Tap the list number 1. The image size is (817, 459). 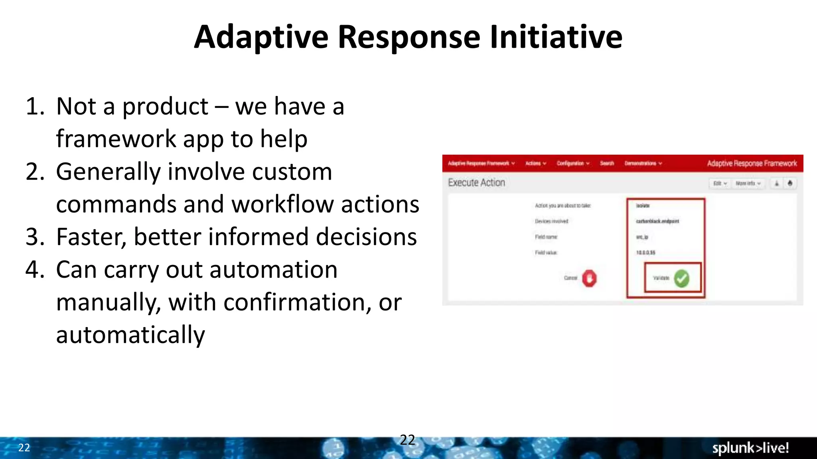(35, 107)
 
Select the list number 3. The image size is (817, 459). (35, 237)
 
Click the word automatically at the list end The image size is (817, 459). (130, 335)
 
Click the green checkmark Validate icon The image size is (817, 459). (681, 278)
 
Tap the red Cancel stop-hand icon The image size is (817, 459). (589, 278)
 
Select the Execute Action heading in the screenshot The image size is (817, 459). (476, 182)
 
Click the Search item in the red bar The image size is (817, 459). (607, 163)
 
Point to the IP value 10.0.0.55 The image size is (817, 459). (645, 253)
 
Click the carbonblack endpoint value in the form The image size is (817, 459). (657, 221)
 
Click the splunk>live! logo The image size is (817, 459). (750, 448)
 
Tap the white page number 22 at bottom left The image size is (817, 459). (24, 448)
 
